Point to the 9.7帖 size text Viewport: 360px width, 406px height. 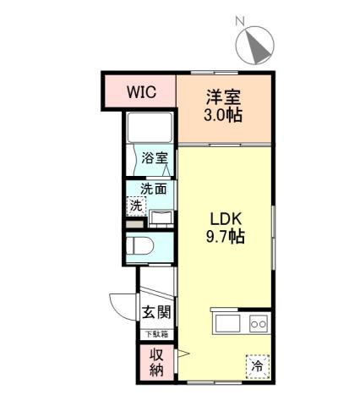click(226, 236)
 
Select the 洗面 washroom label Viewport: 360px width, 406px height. click(154, 189)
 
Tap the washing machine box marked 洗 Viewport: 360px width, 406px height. click(136, 206)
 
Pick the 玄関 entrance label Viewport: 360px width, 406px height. click(156, 311)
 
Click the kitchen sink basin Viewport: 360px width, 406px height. click(227, 324)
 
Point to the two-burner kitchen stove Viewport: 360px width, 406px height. click(257, 324)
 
